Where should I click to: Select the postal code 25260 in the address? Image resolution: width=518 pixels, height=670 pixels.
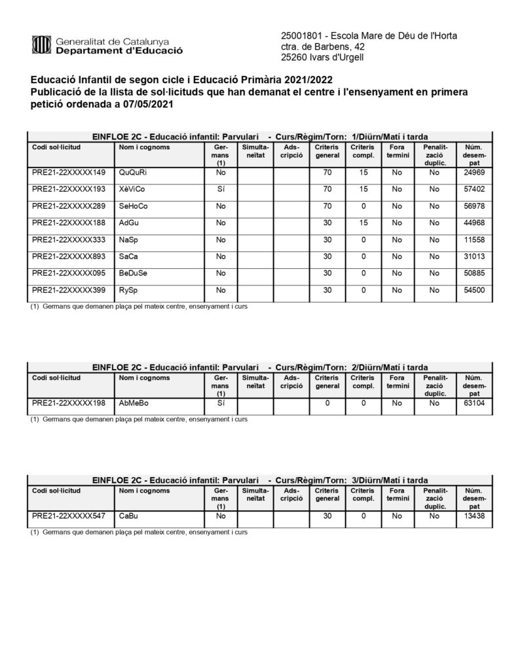tap(294, 58)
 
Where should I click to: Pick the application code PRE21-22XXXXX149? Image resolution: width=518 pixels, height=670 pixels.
tap(69, 172)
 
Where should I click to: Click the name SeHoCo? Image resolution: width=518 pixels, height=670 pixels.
tap(134, 206)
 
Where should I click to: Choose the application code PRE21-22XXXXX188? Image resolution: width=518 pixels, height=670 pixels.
tap(69, 222)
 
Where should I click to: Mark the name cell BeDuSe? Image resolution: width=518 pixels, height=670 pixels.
tap(134, 273)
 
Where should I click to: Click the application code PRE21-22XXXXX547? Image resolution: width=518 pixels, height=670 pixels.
tap(69, 516)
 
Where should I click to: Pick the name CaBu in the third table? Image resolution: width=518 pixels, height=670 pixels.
tap(129, 516)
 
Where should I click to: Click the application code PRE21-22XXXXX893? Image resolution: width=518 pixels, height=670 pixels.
tap(69, 256)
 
